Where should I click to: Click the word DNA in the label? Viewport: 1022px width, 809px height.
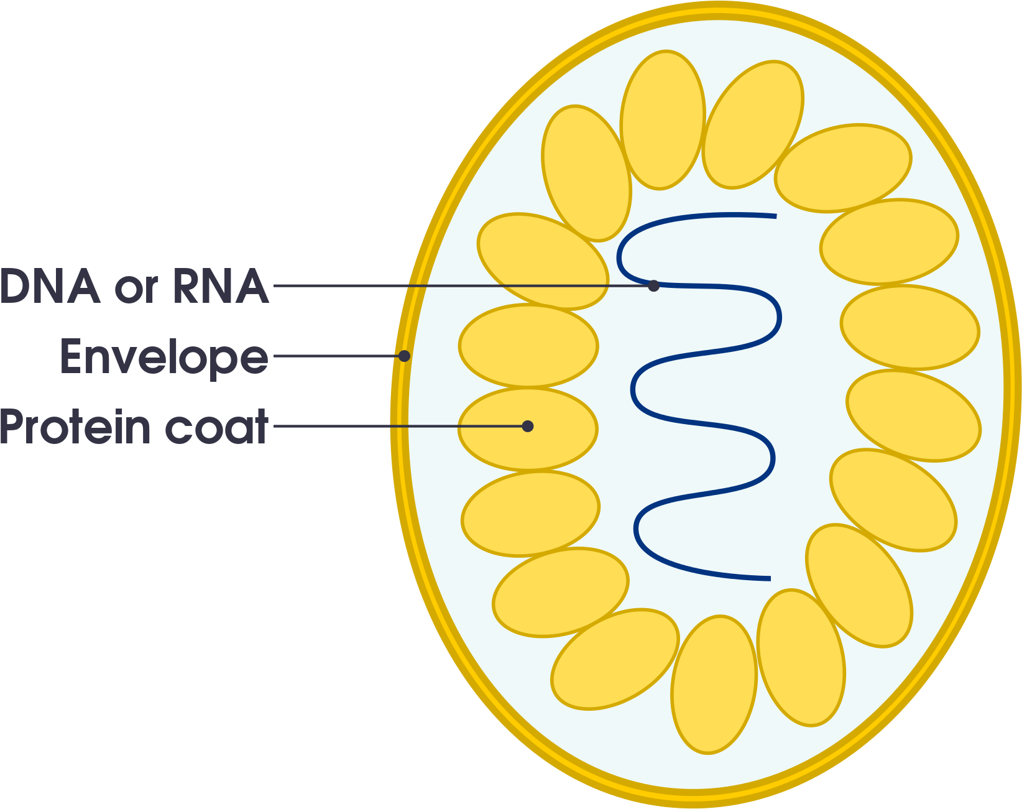point(50,287)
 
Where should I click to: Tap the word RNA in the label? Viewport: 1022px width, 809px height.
point(221,287)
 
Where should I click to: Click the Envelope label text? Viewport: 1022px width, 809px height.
point(164,358)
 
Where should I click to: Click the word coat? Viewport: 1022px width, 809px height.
point(217,428)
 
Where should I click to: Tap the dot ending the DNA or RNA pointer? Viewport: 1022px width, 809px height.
point(653,286)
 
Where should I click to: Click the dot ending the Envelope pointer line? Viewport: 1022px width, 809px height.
point(404,356)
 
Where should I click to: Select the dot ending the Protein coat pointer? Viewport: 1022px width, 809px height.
point(528,427)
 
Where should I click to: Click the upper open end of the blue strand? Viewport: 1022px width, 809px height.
point(775,216)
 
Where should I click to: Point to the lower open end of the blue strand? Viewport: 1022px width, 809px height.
point(769,578)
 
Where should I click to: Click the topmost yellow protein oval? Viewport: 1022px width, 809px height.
point(663,119)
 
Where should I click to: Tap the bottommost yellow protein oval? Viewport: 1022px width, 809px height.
point(714,685)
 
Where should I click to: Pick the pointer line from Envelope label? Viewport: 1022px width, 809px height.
point(336,356)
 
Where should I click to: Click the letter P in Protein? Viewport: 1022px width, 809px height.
point(12,427)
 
